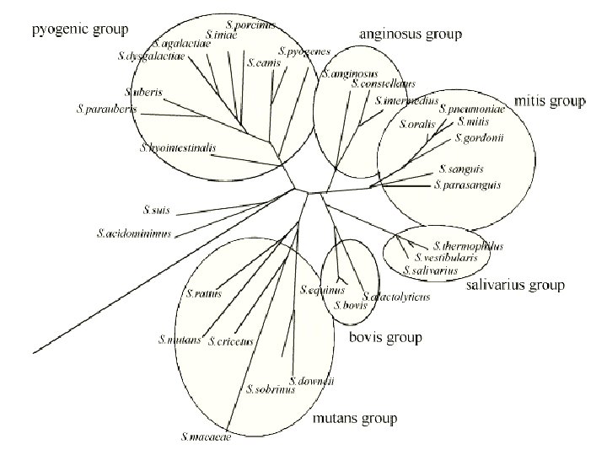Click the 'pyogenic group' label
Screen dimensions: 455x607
pos(80,29)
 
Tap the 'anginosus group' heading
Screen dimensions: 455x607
pos(411,35)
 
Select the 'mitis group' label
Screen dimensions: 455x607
pos(549,101)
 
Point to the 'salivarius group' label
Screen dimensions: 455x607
pos(515,285)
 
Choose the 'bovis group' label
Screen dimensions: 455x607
pos(384,338)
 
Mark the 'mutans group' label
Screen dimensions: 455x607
pos(354,418)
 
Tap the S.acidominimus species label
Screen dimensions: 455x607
pos(134,233)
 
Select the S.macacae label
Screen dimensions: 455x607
pos(206,436)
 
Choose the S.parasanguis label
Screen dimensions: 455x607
pos(468,185)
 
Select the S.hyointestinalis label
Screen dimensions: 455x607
pos(179,147)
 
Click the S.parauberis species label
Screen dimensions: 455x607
pos(106,109)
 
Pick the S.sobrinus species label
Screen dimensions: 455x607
pos(269,389)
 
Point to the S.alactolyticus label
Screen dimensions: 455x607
pos(396,297)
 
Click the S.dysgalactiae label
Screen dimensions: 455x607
pos(151,57)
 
